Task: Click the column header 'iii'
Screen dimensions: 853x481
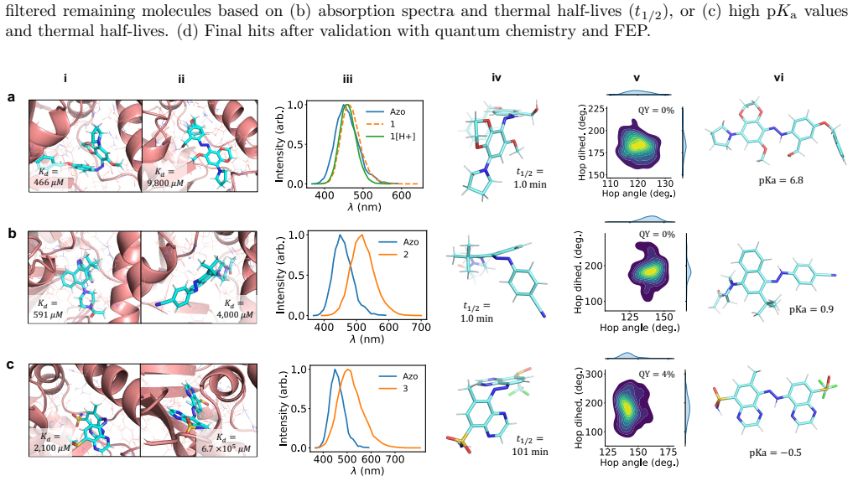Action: tap(347, 80)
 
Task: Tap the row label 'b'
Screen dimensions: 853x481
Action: tap(12, 235)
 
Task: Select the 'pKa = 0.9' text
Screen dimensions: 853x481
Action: tap(811, 309)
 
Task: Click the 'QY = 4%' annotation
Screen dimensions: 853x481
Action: tap(656, 375)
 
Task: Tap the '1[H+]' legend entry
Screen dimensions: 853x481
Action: tap(403, 136)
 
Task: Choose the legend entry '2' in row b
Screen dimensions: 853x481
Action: tap(406, 255)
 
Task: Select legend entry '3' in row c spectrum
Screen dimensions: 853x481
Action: tap(404, 389)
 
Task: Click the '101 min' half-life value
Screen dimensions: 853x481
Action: tap(530, 452)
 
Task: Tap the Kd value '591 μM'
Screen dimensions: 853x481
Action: tap(48, 314)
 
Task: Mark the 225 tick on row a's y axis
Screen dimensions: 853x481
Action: tap(597, 109)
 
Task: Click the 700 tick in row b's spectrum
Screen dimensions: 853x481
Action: tap(421, 327)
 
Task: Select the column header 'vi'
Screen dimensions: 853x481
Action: tap(778, 78)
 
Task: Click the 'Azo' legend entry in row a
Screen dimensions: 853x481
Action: tap(398, 111)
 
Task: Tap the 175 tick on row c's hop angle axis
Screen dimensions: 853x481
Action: tap(668, 453)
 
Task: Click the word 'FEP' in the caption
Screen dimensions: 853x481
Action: tap(637, 30)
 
